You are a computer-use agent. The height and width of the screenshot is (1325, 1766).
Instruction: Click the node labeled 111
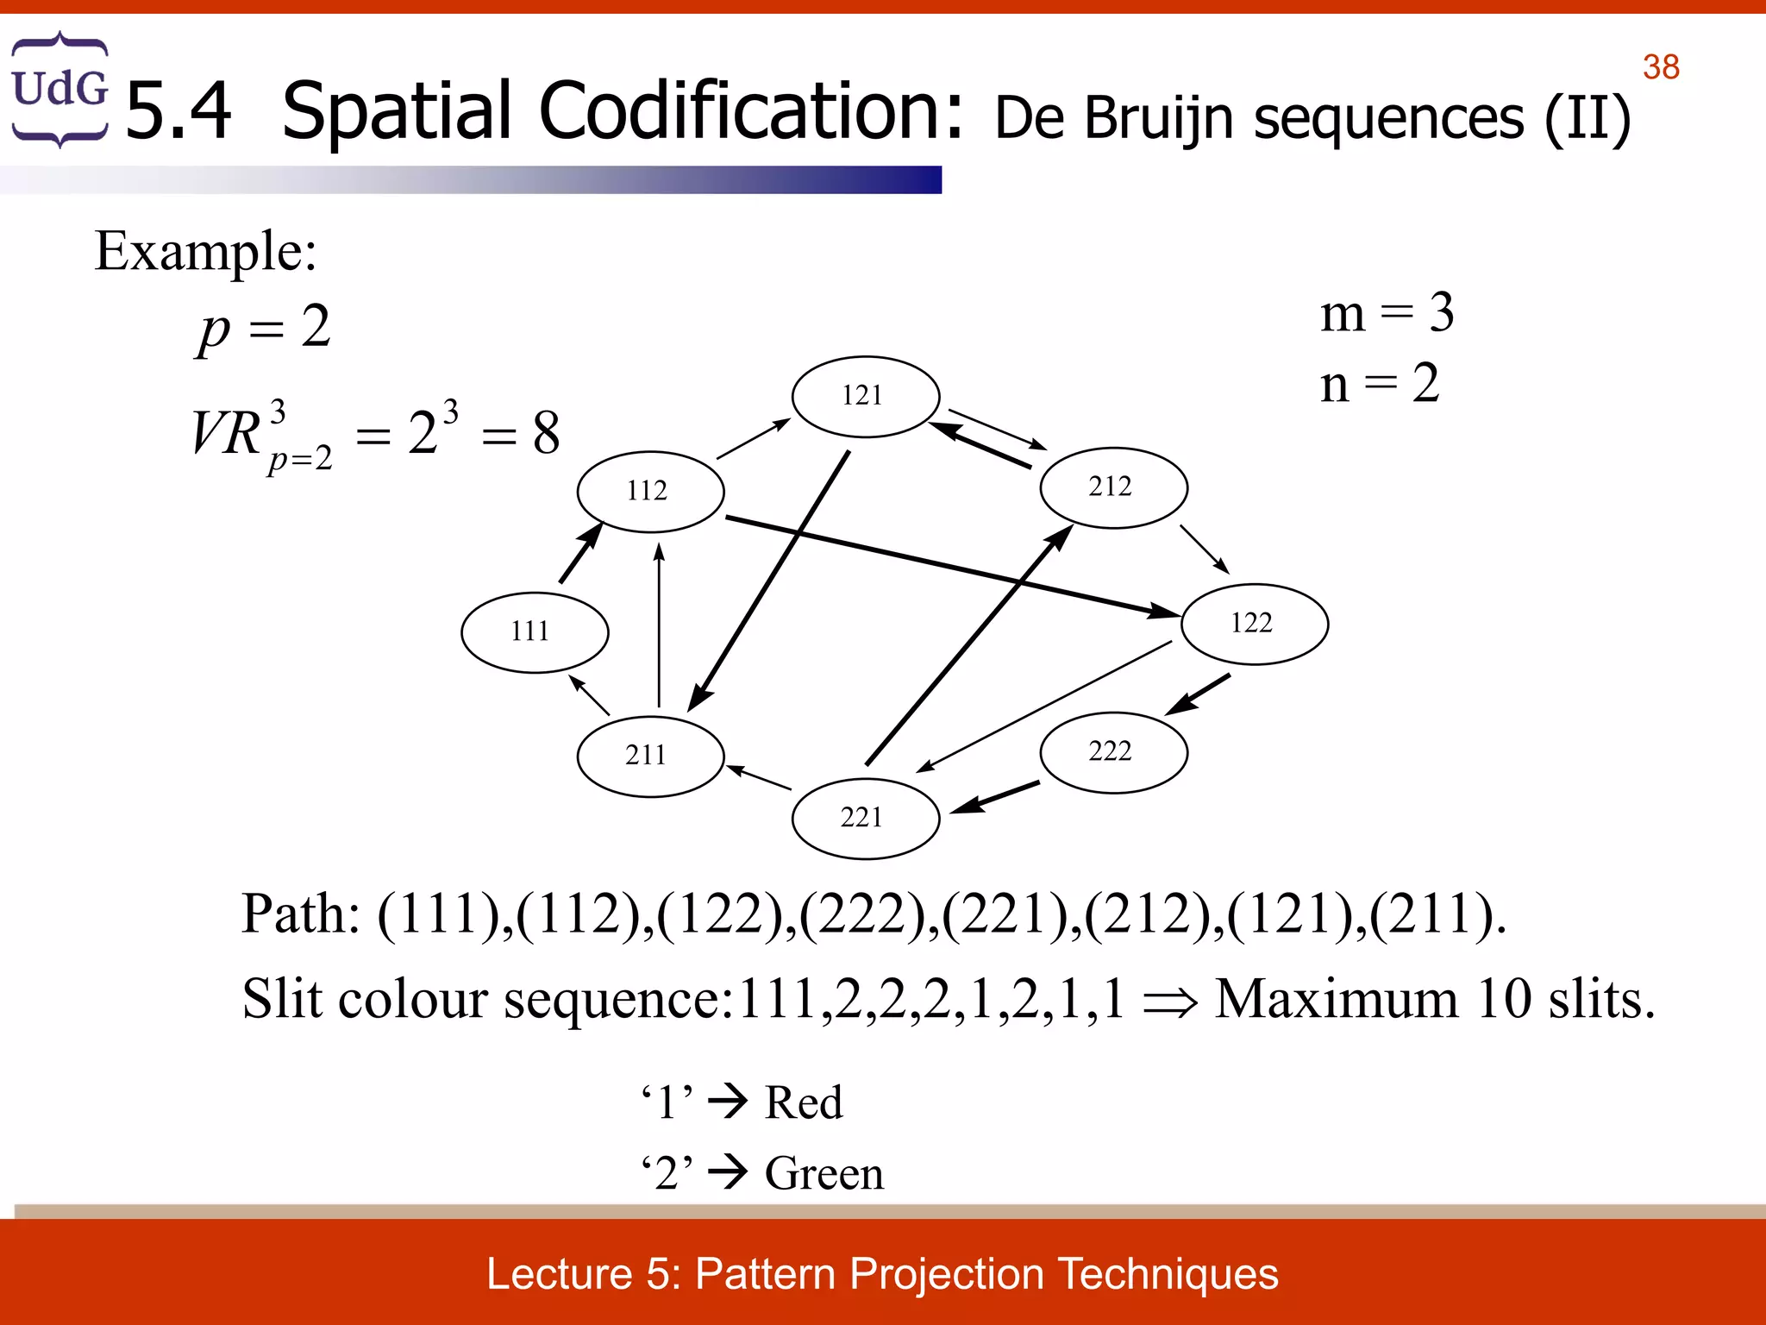535,632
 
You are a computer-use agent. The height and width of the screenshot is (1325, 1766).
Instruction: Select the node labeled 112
650,491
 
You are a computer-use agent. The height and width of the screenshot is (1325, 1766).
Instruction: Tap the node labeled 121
865,396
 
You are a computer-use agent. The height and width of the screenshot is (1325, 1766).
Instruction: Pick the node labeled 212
1113,487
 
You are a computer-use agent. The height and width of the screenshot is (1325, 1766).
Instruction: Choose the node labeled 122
1254,624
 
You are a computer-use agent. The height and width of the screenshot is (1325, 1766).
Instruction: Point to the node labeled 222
1113,751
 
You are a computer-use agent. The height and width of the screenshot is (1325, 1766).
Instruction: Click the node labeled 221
865,818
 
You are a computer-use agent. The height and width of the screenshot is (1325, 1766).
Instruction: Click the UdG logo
59,89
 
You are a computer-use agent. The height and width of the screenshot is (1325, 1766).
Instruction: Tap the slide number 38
1661,67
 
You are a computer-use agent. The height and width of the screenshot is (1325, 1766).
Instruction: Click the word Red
804,1102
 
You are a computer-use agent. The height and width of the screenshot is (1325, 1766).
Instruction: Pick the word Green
824,1173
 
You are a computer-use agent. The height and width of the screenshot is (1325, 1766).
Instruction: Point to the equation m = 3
1387,312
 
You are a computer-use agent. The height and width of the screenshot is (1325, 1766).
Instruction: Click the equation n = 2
1380,384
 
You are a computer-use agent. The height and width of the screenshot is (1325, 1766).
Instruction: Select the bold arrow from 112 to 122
949,566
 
